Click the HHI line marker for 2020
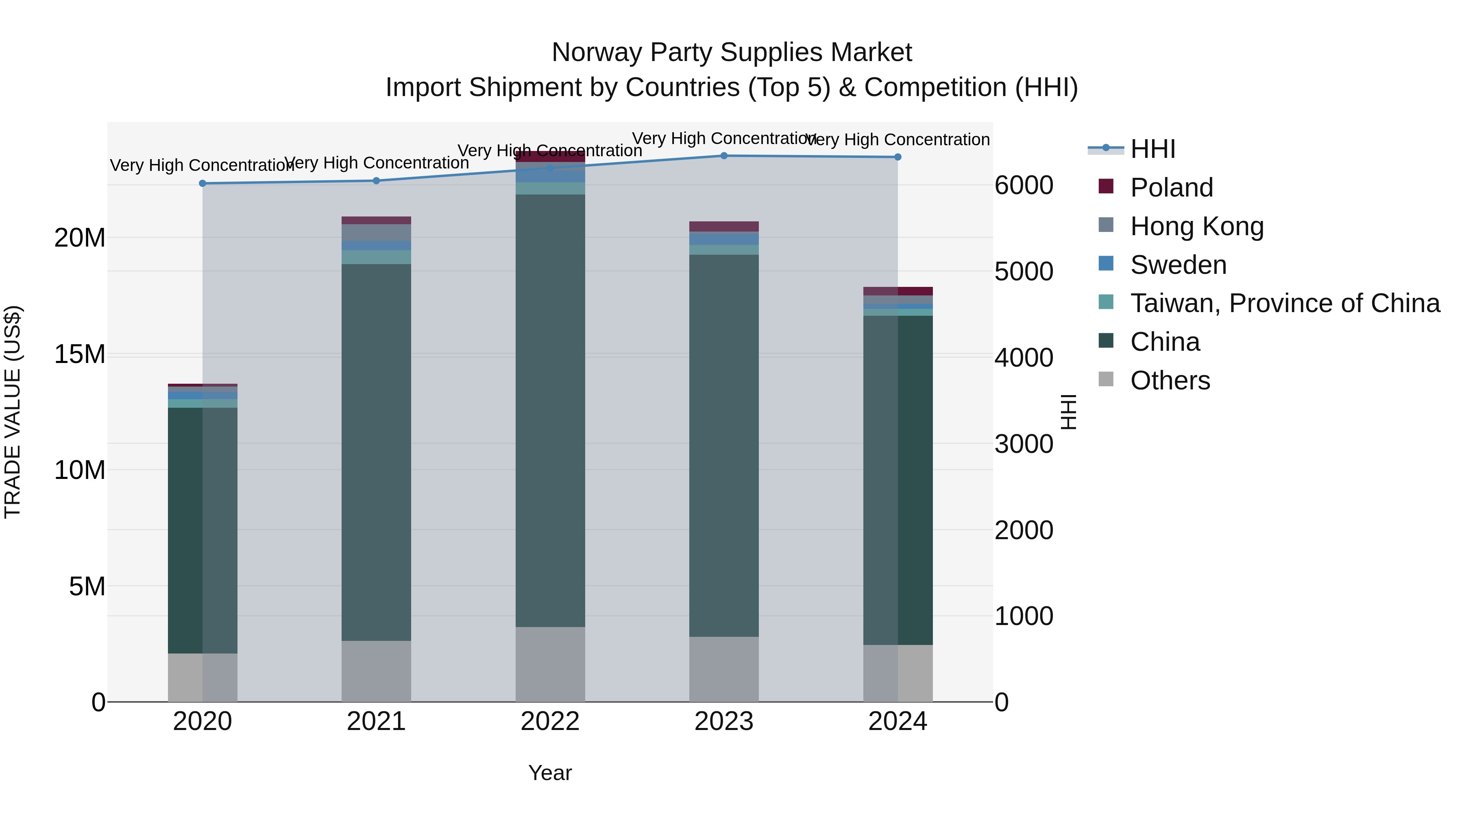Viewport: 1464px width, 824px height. pos(203,183)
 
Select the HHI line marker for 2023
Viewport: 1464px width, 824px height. pos(723,155)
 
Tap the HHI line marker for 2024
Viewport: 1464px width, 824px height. pos(898,157)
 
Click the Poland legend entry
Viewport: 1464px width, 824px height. pos(1171,188)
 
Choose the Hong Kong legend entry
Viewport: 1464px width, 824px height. pos(1196,226)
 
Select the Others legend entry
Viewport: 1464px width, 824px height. pos(1170,380)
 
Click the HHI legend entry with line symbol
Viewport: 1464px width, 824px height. pos(1152,149)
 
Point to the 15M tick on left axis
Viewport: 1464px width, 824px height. pos(80,354)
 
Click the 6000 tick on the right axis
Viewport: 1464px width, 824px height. pos(1024,186)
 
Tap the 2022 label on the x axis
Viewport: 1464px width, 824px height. pos(549,721)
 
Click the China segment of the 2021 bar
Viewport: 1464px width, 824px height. pos(376,452)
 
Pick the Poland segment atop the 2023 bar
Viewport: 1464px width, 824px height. pos(723,226)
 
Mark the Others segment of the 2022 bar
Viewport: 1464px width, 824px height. pos(549,664)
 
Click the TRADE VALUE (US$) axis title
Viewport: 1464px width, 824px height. pos(13,412)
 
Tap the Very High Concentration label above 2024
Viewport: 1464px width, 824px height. pos(898,140)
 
